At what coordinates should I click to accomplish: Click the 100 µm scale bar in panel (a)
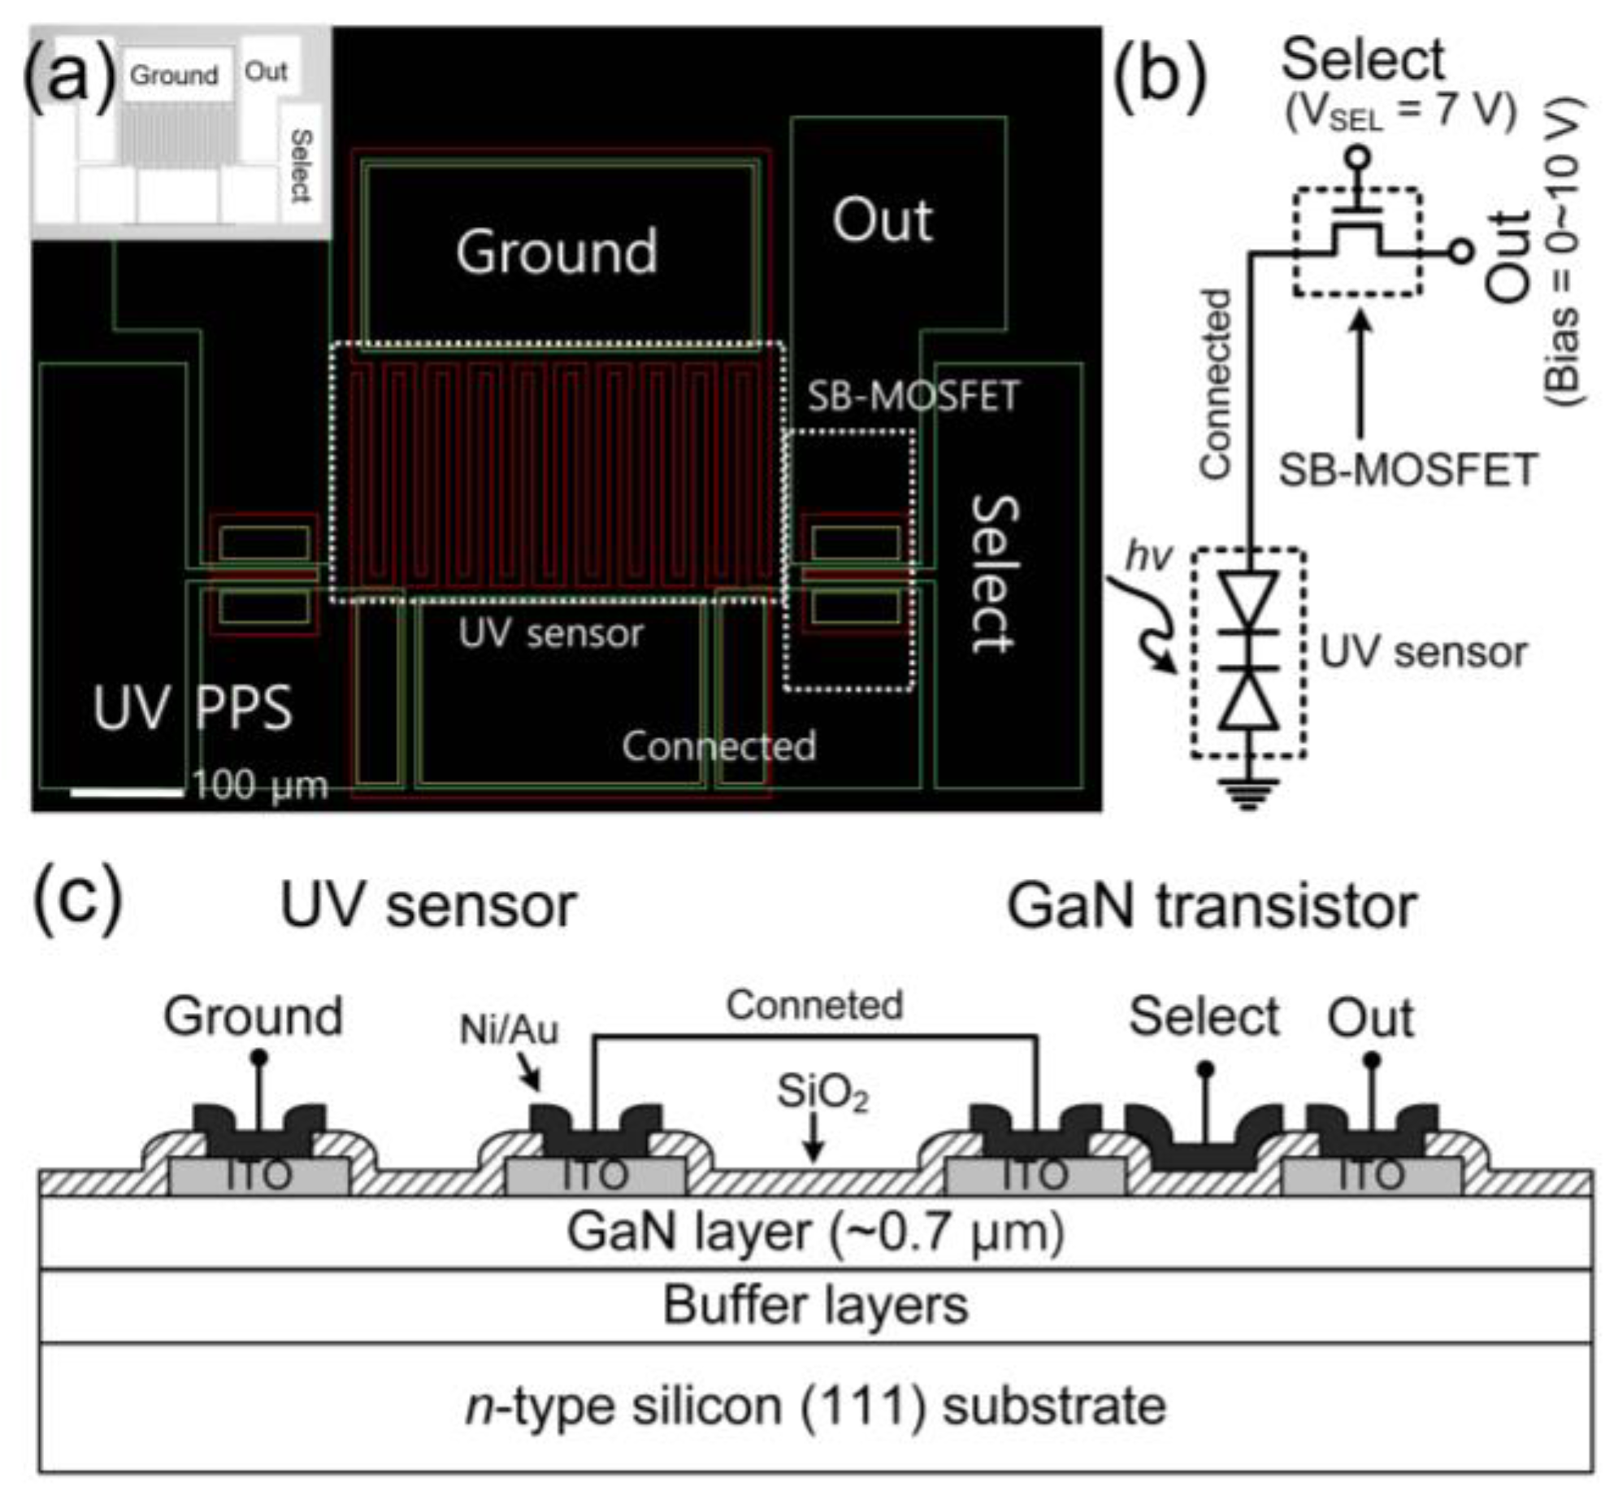click(127, 790)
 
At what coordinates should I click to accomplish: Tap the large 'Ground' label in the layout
click(557, 252)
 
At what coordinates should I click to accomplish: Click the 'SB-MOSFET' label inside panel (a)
click(913, 397)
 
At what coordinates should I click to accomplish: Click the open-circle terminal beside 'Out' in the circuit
click(1460, 252)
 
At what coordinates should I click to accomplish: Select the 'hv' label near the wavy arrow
click(1149, 557)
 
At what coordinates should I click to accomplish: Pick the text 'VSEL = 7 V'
click(1400, 112)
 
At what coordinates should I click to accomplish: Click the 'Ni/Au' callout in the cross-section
click(509, 1031)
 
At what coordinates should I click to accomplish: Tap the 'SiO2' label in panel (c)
click(822, 1092)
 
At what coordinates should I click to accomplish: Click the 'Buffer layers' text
click(815, 1306)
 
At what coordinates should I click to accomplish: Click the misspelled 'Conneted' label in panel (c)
click(814, 1006)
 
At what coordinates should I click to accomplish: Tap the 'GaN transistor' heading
click(1212, 907)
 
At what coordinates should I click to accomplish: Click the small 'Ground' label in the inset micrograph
click(174, 76)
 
